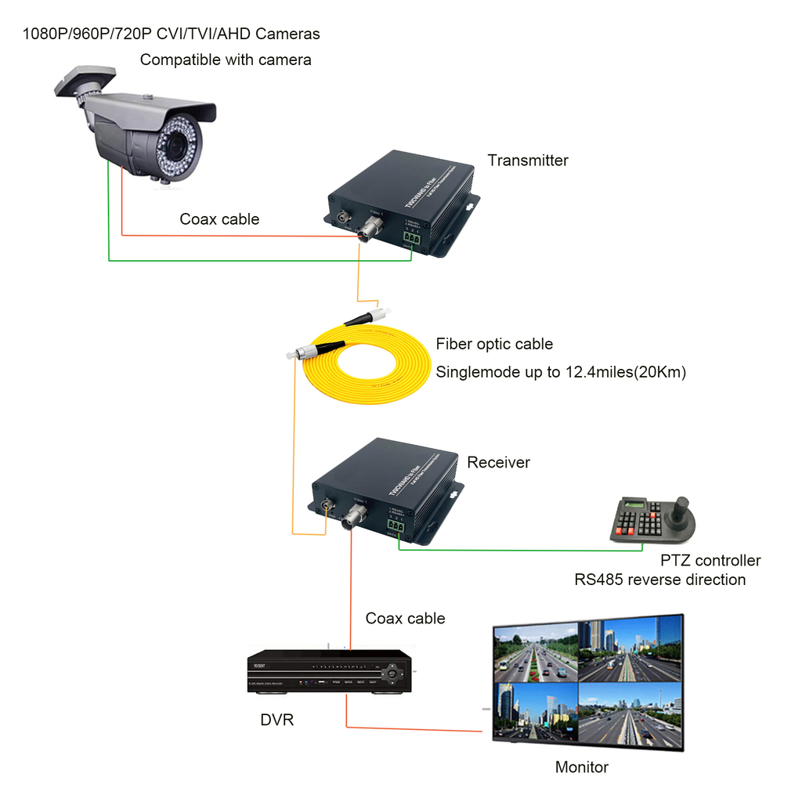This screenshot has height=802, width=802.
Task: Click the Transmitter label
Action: tap(528, 161)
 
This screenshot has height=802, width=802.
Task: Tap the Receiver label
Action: tap(498, 463)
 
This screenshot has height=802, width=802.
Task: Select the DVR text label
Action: tap(277, 719)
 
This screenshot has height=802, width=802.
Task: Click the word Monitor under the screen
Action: tap(582, 768)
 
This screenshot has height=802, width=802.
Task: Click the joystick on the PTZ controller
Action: tap(682, 504)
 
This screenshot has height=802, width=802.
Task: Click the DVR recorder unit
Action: tap(329, 671)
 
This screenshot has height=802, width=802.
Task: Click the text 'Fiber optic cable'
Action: tap(494, 344)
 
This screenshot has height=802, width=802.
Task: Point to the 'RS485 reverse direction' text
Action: tap(660, 580)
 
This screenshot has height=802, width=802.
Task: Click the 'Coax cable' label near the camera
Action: tap(219, 219)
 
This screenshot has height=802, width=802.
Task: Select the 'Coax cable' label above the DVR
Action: tap(405, 619)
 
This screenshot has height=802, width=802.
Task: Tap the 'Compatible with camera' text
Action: tap(226, 60)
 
